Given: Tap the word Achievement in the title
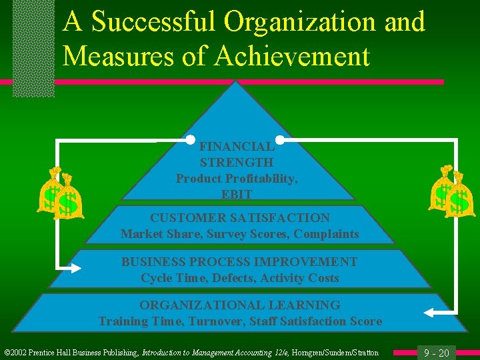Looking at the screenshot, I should coord(292,57).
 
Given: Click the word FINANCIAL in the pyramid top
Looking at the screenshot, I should coord(237,147).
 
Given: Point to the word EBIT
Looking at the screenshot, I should coord(237,195).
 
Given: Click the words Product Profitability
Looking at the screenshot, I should coord(237,179).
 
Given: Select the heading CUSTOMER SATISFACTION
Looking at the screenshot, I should coord(240,218).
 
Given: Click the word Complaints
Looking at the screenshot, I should coord(325,234).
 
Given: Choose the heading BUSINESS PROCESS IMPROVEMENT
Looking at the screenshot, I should coord(239,262).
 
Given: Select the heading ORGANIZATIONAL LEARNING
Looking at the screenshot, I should coord(240,305).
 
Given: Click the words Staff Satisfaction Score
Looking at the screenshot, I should coord(317,321).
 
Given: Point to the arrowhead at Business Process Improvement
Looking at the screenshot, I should coord(75,268).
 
